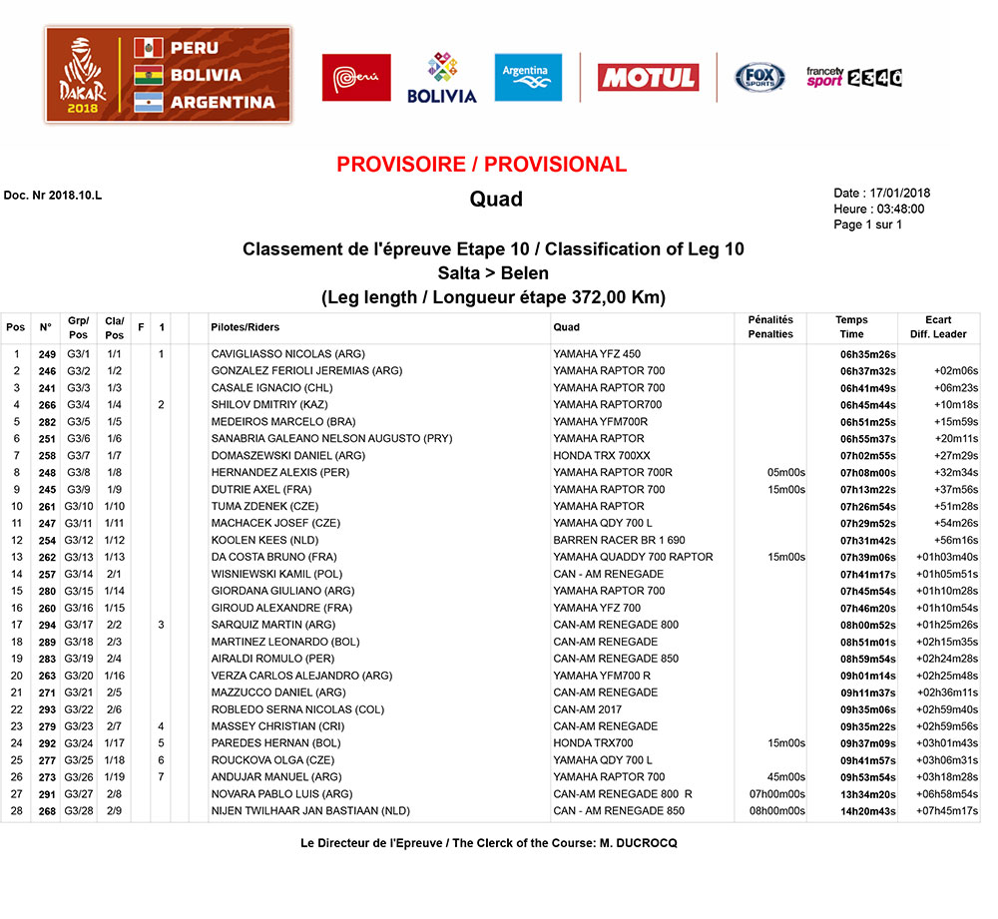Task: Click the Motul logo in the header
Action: click(648, 78)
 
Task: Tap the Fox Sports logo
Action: click(760, 77)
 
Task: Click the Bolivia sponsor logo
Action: click(442, 78)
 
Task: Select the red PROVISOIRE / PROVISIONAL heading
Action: click(481, 165)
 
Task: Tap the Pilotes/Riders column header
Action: click(246, 327)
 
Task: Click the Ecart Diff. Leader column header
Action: click(938, 327)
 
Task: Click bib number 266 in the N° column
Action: click(47, 405)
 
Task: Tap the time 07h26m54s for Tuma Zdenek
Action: click(867, 507)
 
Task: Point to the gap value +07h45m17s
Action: click(945, 811)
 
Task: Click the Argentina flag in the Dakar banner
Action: click(149, 101)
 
